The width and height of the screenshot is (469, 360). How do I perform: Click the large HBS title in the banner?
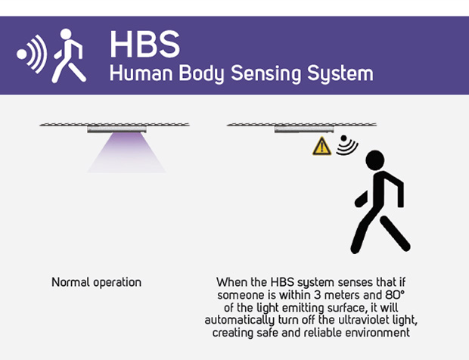point(145,44)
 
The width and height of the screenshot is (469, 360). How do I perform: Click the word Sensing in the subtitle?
point(266,73)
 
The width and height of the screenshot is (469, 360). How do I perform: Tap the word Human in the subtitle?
point(141,73)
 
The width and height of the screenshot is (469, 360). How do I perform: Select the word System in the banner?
point(340,73)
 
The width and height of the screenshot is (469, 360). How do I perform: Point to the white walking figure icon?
point(69,56)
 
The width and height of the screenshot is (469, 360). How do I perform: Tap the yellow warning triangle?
point(321,146)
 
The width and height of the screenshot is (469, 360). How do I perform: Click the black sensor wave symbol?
point(347,145)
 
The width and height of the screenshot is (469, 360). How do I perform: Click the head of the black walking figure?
point(375,160)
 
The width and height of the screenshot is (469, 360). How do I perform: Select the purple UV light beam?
point(126,153)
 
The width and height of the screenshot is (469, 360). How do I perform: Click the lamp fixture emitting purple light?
point(116,129)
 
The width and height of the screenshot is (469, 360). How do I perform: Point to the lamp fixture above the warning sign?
point(304,129)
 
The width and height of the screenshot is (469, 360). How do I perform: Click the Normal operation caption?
point(96,282)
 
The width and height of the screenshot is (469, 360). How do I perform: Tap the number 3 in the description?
point(318,296)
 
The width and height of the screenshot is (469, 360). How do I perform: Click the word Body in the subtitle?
point(202,73)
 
